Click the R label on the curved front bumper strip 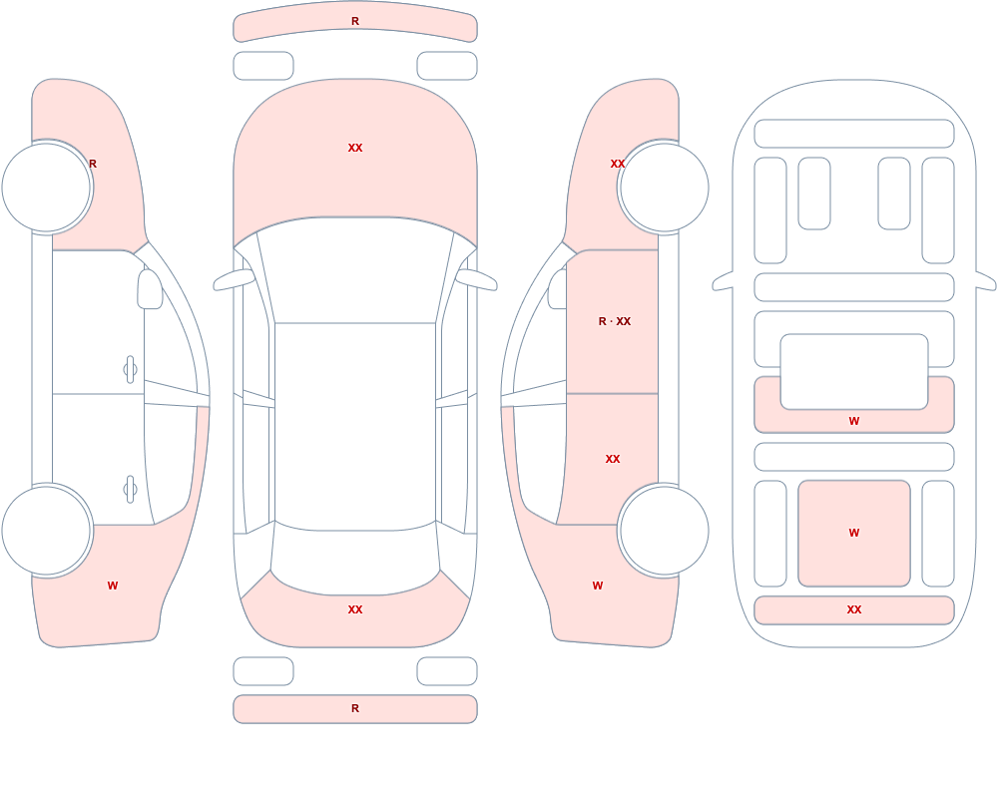coord(355,21)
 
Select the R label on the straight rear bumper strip coord(355,708)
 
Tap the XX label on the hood coord(355,148)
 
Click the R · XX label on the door coord(614,321)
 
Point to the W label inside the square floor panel coord(854,533)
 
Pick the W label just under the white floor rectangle coord(854,421)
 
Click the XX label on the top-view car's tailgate coord(355,609)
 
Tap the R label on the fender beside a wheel coord(93,164)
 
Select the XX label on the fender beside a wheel coord(618,164)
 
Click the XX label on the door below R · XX coord(613,459)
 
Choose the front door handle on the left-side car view coord(130,370)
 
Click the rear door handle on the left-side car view coord(130,490)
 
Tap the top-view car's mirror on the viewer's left coord(234,279)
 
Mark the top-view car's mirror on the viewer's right coord(476,279)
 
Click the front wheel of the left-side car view coord(47,188)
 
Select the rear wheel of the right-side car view coord(664,530)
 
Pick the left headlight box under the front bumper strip coord(263,66)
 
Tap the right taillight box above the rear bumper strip coord(447,671)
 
